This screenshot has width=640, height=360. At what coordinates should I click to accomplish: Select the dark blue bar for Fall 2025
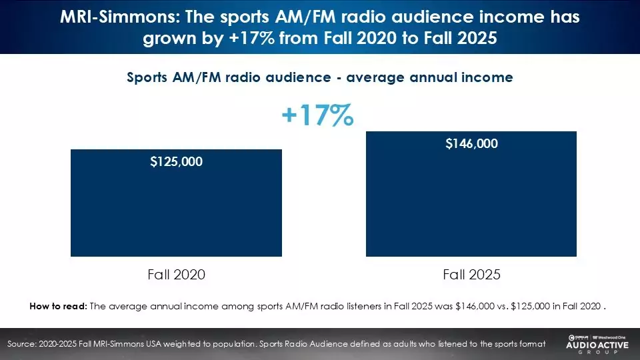coord(471,200)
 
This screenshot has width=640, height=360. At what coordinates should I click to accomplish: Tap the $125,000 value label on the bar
coord(176,161)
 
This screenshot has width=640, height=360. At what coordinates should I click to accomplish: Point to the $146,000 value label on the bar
coord(471,143)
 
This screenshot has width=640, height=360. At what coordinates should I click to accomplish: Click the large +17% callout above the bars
coord(317,116)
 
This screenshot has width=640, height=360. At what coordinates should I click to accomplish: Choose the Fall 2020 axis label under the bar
coord(176,274)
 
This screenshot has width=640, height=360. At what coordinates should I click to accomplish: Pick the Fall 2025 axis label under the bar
coord(471,274)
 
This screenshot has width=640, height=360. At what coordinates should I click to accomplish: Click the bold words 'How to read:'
coord(58,307)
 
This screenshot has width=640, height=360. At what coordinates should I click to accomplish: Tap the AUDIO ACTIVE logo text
coord(595,346)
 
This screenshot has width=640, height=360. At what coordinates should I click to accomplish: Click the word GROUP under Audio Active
coord(595,354)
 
